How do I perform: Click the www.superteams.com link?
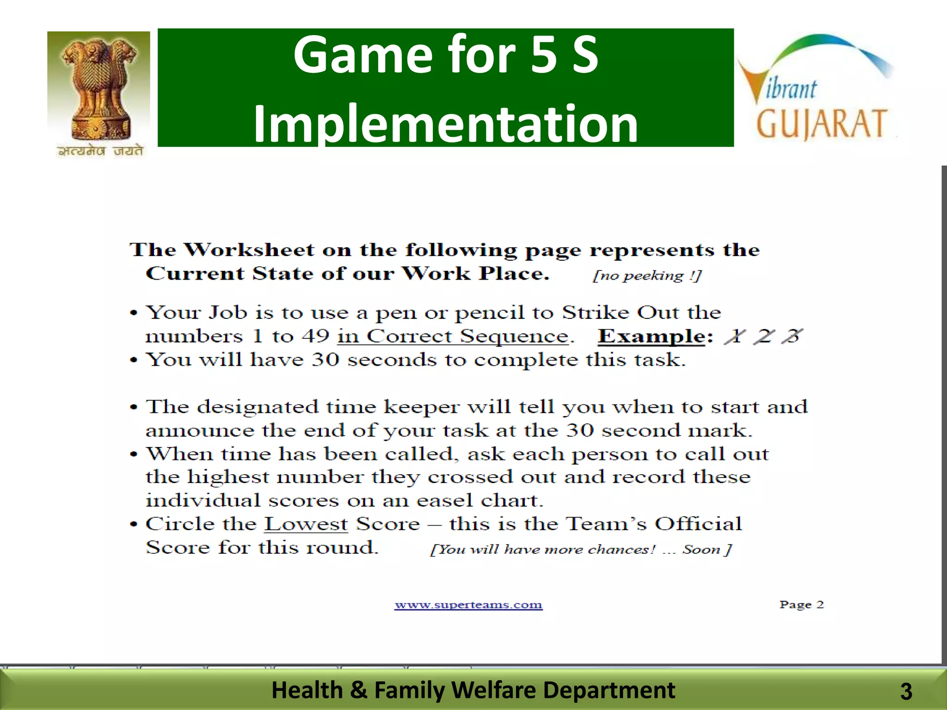click(468, 605)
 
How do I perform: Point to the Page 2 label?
click(801, 605)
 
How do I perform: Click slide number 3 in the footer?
click(906, 692)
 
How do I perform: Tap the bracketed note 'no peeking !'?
click(647, 276)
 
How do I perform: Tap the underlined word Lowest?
click(306, 524)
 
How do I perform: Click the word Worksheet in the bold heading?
click(249, 250)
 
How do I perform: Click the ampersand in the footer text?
click(358, 690)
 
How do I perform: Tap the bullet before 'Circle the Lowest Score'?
click(134, 525)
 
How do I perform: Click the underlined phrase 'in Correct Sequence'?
click(453, 336)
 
